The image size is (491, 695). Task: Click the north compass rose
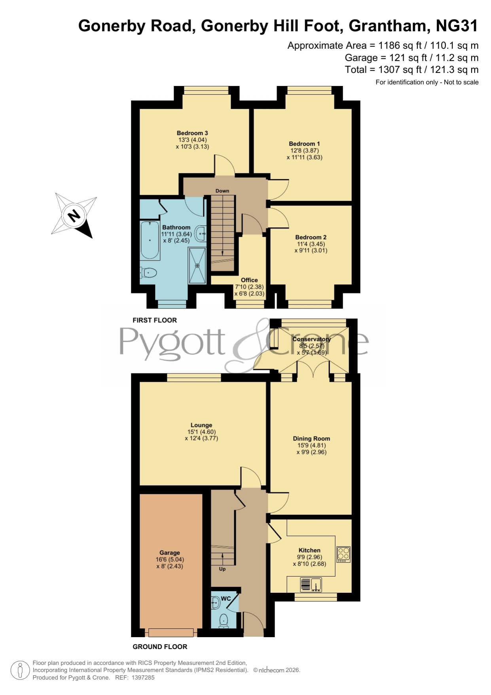tap(74, 216)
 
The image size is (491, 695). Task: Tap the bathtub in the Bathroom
tap(150, 240)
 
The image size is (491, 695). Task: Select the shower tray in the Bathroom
tap(197, 265)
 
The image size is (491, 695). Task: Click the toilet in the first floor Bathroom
tap(148, 272)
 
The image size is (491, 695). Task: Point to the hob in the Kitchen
tap(343, 554)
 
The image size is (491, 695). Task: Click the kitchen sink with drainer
tap(311, 585)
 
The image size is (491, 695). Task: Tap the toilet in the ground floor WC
tap(224, 621)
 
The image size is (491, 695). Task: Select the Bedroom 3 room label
tap(192, 133)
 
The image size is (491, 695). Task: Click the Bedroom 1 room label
tap(304, 144)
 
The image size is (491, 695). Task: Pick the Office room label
tap(249, 280)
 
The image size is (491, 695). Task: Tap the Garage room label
tap(170, 552)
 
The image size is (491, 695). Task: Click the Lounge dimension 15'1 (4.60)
tap(201, 432)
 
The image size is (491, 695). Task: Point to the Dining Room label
tap(311, 438)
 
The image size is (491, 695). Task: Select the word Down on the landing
tap(222, 190)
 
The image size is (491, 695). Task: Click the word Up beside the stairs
tap(222, 569)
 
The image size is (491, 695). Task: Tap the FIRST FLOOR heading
tap(155, 320)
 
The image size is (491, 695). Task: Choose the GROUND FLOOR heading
tap(160, 647)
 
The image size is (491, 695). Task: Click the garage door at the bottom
tap(171, 632)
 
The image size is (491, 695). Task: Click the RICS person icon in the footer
tap(20, 670)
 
